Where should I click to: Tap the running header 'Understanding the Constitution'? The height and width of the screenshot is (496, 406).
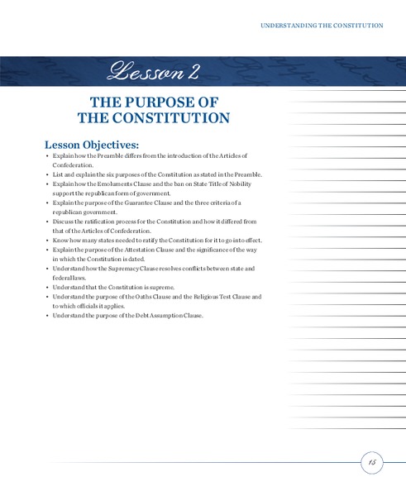322,26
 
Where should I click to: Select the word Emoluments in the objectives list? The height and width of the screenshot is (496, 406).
120,184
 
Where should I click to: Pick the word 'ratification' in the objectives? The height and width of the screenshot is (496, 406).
107,222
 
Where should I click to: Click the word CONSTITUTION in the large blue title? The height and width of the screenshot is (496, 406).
160,117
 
